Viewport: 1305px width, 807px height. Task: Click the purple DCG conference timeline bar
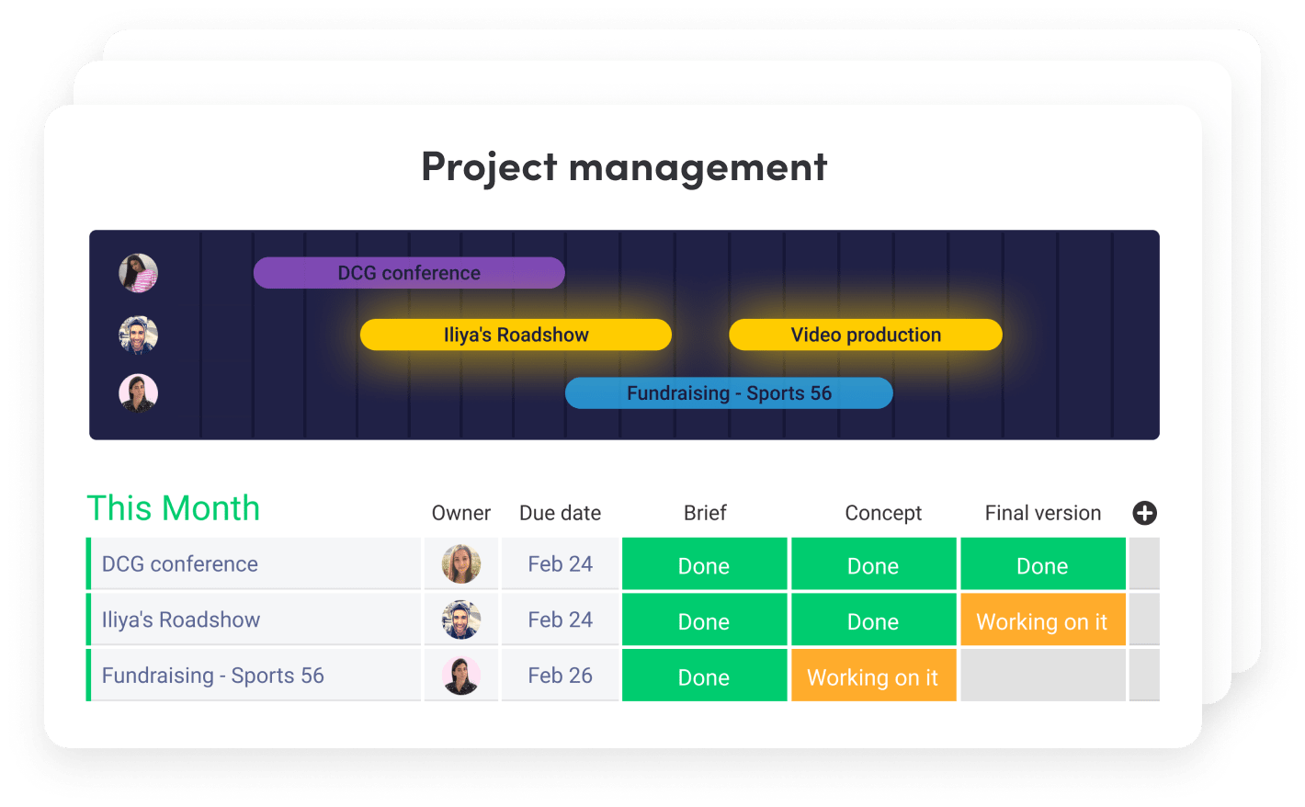[409, 273]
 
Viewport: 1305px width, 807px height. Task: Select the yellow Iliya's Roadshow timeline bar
[516, 335]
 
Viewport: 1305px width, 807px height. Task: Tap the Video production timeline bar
[866, 335]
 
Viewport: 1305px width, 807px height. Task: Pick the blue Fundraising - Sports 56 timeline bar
[729, 392]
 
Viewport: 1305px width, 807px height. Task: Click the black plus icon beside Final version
[1145, 513]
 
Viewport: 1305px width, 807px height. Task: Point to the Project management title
[624, 168]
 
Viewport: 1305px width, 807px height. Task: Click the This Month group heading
[174, 507]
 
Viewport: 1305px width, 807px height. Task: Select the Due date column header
[560, 513]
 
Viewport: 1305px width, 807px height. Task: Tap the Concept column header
[883, 513]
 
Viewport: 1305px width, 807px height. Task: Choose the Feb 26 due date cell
[560, 676]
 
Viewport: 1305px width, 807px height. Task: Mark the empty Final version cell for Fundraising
[1043, 676]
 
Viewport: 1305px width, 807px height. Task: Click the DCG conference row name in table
[180, 564]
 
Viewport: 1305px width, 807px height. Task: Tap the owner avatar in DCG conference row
[461, 564]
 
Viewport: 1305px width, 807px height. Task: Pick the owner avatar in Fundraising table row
[461, 676]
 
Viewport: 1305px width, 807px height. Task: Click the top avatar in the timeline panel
[138, 273]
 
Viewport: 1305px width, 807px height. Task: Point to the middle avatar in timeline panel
[138, 335]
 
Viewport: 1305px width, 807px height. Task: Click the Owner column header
[460, 513]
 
